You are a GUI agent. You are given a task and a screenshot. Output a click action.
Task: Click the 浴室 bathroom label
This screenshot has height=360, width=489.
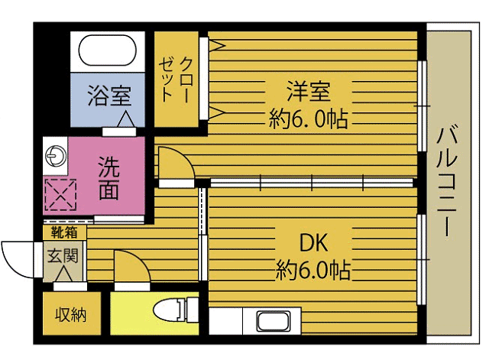pos(108,96)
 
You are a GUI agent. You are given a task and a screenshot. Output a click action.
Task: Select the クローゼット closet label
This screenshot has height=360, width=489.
pos(176,79)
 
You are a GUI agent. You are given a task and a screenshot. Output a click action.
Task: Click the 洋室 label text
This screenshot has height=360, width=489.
pos(309,91)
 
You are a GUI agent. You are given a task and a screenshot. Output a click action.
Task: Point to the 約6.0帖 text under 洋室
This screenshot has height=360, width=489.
pos(309,118)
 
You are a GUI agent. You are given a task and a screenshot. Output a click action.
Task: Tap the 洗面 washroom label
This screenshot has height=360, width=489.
pos(108,177)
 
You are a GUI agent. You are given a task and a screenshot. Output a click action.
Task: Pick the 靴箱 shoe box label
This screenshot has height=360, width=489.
pos(63,232)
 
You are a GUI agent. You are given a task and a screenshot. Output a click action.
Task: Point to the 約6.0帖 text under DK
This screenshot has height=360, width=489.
pos(313,270)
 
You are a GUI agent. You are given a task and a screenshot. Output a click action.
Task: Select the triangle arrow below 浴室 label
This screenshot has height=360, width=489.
pos(124,119)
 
